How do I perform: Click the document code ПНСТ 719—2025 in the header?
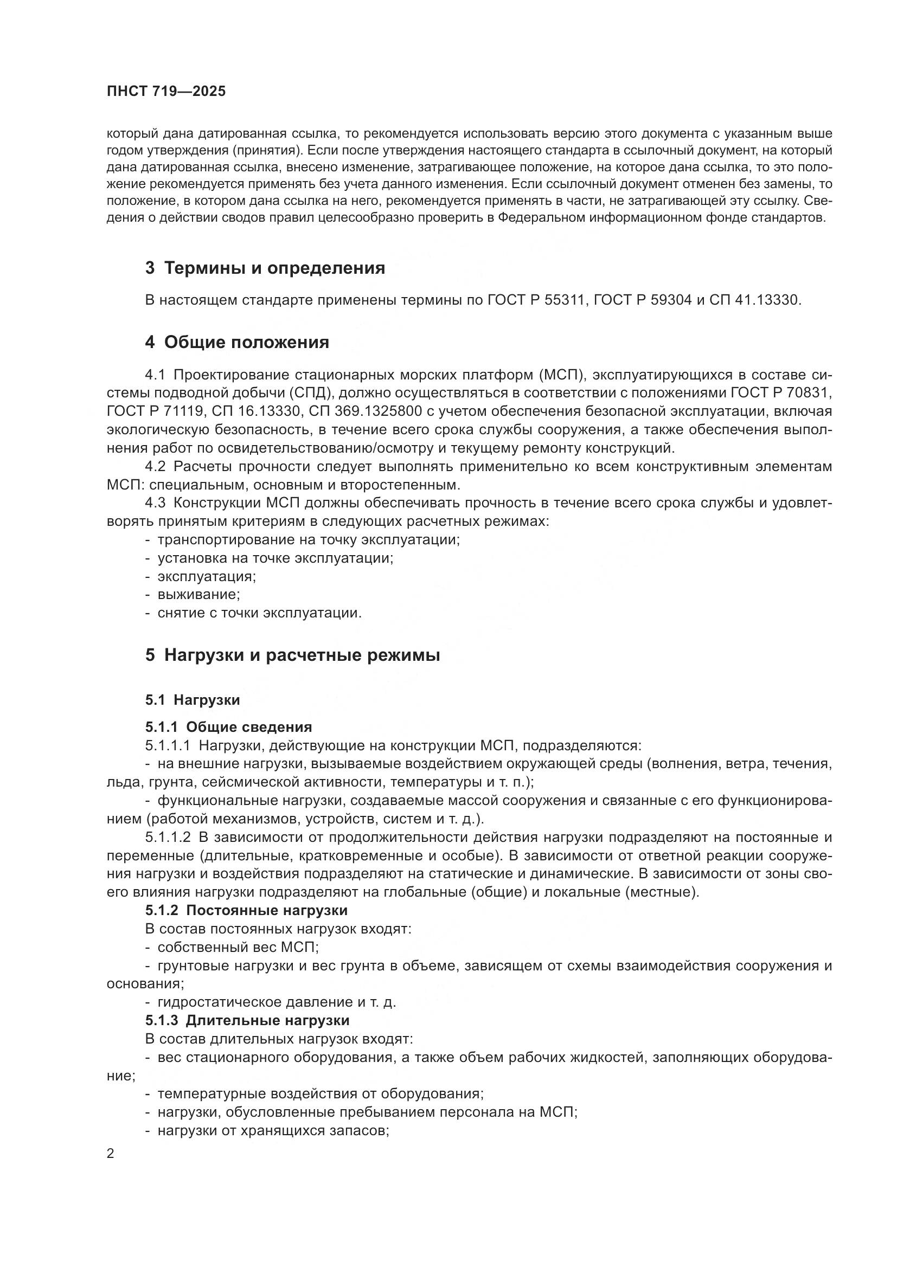(166, 92)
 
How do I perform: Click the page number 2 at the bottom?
(111, 1153)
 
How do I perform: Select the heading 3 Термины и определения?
(265, 268)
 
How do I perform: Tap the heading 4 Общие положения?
(237, 343)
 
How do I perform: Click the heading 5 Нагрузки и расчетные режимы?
(292, 655)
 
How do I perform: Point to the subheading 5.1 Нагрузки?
(192, 700)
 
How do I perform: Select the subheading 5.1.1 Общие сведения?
(229, 727)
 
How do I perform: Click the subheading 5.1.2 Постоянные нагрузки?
(246, 910)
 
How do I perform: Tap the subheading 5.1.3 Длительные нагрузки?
(247, 1020)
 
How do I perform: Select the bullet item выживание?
(199, 595)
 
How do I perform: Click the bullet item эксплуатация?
(207, 577)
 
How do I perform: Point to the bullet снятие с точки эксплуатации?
(260, 613)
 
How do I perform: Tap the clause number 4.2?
(155, 467)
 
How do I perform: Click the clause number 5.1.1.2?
(168, 837)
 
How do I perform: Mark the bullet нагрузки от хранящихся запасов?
(273, 1130)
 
